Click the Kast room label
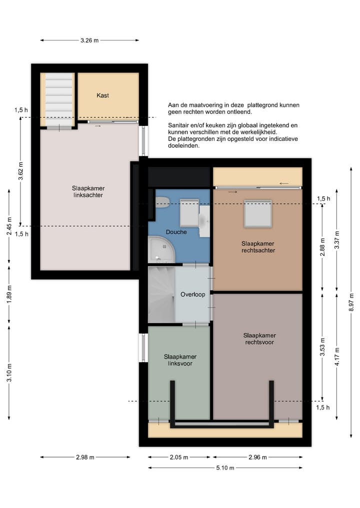(102, 95)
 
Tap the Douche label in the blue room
(176, 232)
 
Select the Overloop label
(192, 295)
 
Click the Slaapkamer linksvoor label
(180, 360)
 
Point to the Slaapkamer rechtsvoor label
(259, 339)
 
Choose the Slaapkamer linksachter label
(88, 191)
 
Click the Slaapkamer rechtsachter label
(258, 247)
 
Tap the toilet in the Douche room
(162, 202)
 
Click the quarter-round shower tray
(161, 249)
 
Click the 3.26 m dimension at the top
(89, 40)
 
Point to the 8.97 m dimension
(351, 302)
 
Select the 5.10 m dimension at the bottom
(225, 468)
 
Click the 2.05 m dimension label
(178, 457)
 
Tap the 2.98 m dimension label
(85, 457)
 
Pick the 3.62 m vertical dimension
(20, 171)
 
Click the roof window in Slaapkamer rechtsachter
(258, 214)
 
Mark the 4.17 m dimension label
(337, 357)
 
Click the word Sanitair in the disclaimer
(179, 125)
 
